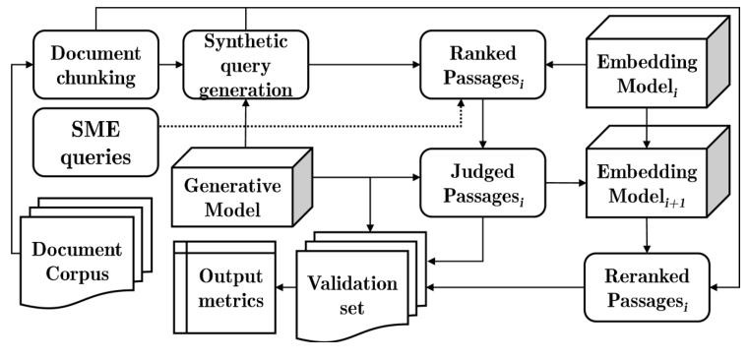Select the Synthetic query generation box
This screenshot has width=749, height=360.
(245, 63)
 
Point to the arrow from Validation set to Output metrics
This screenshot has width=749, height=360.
(288, 287)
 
